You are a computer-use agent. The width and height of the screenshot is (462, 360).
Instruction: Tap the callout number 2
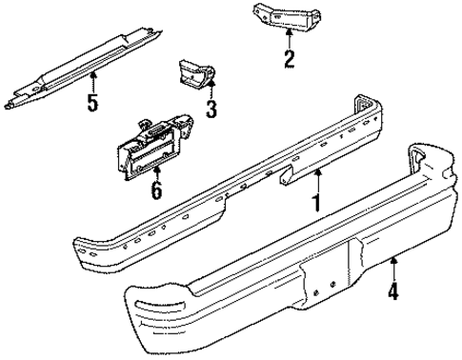[x=289, y=59]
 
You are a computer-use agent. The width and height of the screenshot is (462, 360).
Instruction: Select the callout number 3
[x=211, y=109]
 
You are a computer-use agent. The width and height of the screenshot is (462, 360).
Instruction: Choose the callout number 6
[x=154, y=190]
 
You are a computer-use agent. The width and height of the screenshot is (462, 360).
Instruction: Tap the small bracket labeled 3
[x=191, y=76]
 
